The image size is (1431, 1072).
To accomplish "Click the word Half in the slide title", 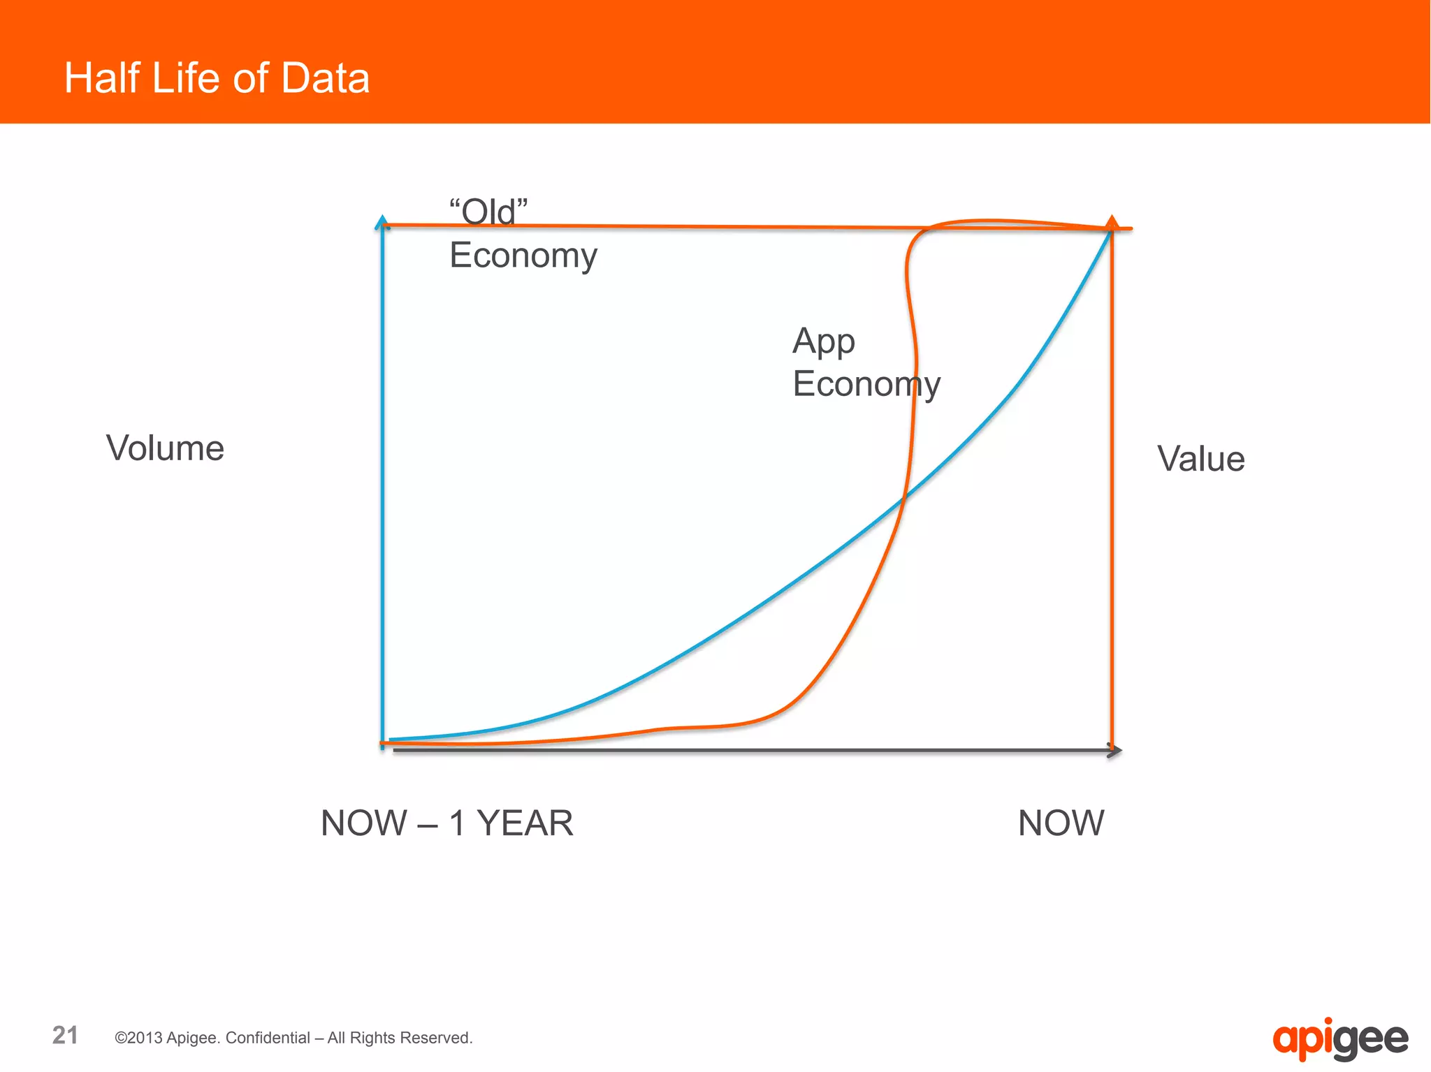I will [x=102, y=78].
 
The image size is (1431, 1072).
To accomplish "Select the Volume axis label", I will [x=165, y=448].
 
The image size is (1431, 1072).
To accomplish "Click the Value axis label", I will [x=1200, y=460].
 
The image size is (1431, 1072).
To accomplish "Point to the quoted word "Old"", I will [x=488, y=212].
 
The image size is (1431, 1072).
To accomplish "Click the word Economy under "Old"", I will [x=523, y=256].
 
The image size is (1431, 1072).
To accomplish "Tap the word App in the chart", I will [x=823, y=342].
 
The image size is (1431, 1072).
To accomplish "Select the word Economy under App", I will [x=866, y=385].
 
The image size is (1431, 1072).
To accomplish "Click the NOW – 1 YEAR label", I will [x=446, y=823].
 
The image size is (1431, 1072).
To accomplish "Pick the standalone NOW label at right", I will [x=1061, y=823].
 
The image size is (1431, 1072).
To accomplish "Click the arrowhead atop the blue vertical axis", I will [x=382, y=223].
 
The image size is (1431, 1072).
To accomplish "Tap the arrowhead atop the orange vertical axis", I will [x=1112, y=223].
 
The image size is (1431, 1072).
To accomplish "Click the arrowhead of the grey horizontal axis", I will [x=1116, y=751].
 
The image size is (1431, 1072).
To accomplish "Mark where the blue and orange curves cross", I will [x=904, y=496].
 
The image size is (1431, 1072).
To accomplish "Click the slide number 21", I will [x=65, y=1035].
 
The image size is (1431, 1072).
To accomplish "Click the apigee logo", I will [x=1339, y=1040].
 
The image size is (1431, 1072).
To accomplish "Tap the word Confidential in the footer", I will [x=268, y=1038].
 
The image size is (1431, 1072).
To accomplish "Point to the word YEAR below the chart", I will [x=525, y=823].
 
